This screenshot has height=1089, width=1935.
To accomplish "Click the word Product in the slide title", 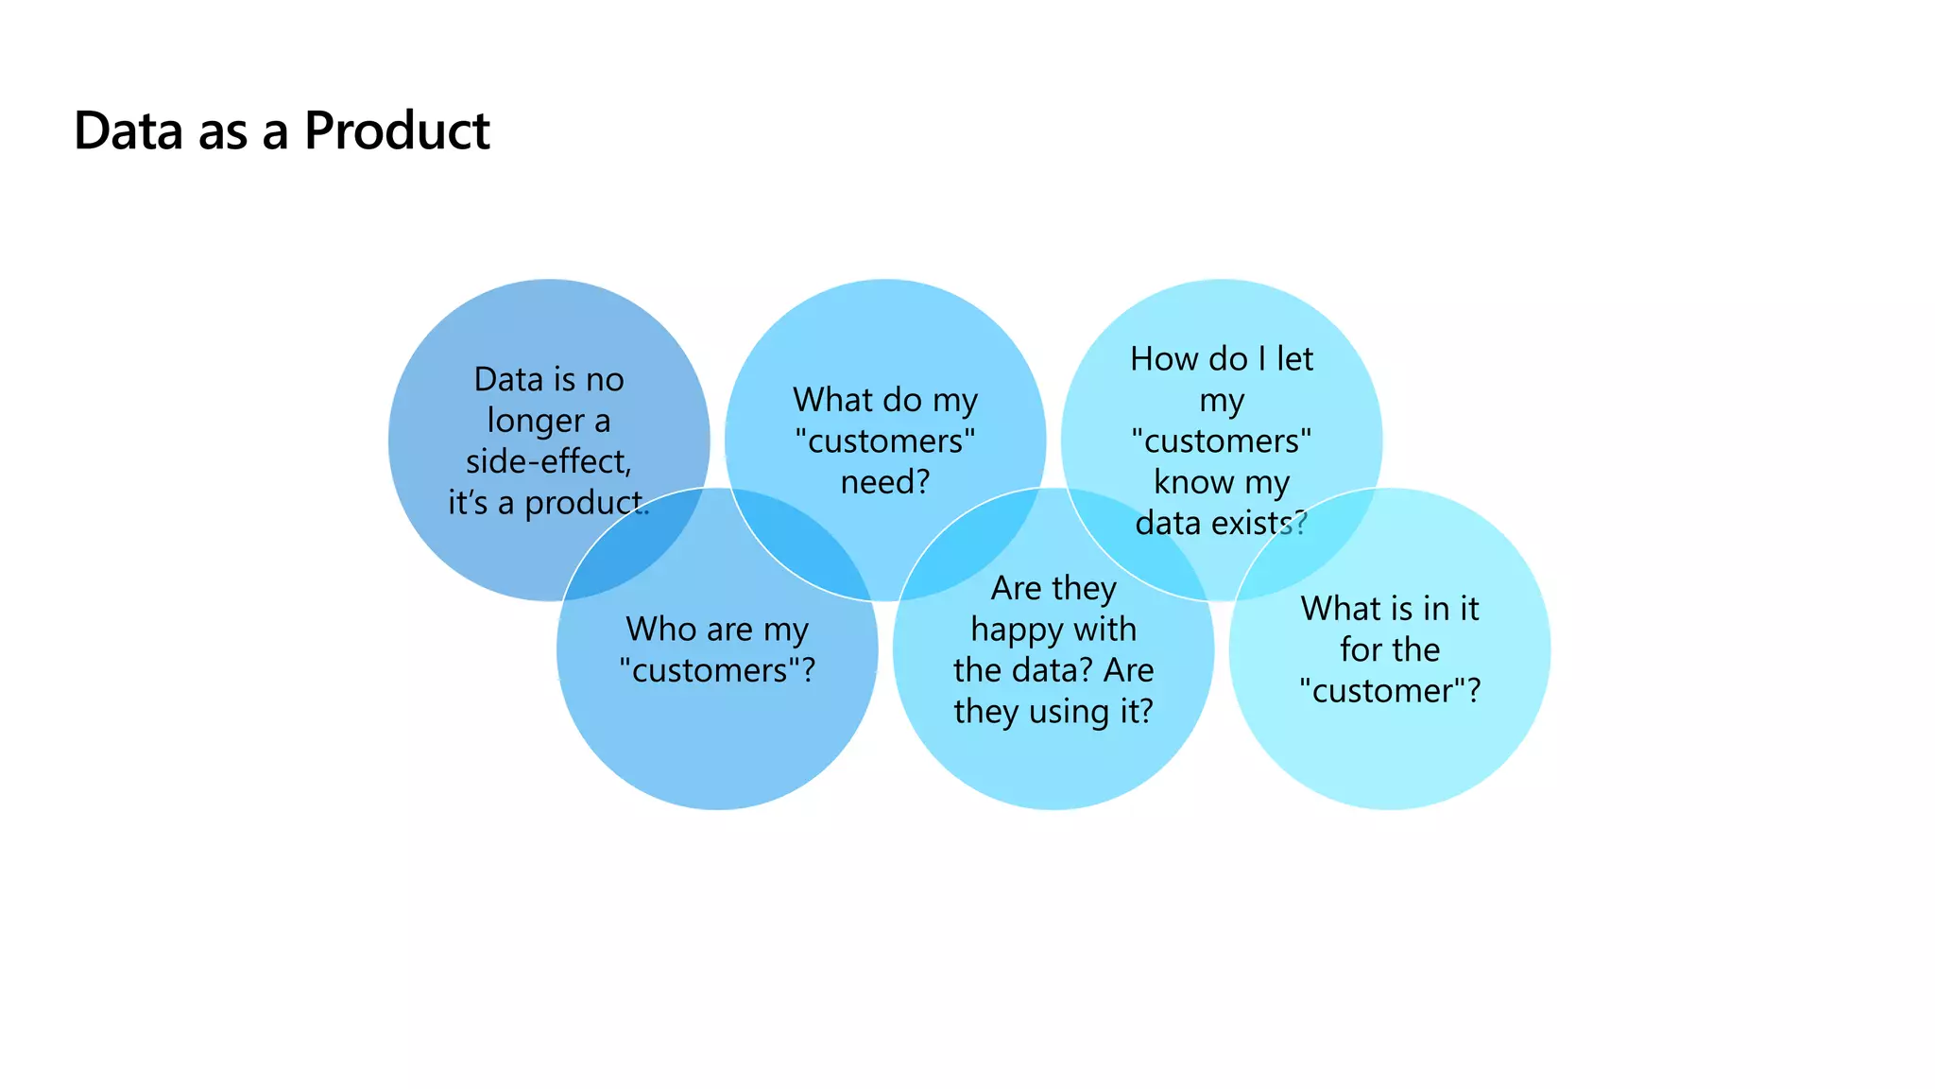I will click(x=397, y=130).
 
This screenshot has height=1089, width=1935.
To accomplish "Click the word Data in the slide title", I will click(x=128, y=130).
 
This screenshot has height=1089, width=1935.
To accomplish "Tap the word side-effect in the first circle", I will click(x=548, y=461).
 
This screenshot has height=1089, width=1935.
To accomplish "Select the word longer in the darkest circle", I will click(x=534, y=422).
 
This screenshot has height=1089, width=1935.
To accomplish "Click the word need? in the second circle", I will click(x=885, y=482).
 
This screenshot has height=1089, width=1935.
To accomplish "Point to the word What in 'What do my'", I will click(x=831, y=400).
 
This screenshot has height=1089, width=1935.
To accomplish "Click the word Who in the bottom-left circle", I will click(x=659, y=630).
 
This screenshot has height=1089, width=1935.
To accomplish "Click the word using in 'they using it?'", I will click(x=1070, y=711).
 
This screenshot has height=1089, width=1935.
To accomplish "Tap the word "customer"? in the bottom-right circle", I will click(x=1390, y=691).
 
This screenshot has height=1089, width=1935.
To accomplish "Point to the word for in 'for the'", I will click(x=1361, y=650).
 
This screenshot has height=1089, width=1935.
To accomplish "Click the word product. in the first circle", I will click(x=587, y=503).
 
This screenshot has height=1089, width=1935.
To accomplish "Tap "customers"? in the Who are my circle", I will click(x=717, y=671).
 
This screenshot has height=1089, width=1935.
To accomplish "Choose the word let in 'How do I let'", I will click(x=1294, y=359).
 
